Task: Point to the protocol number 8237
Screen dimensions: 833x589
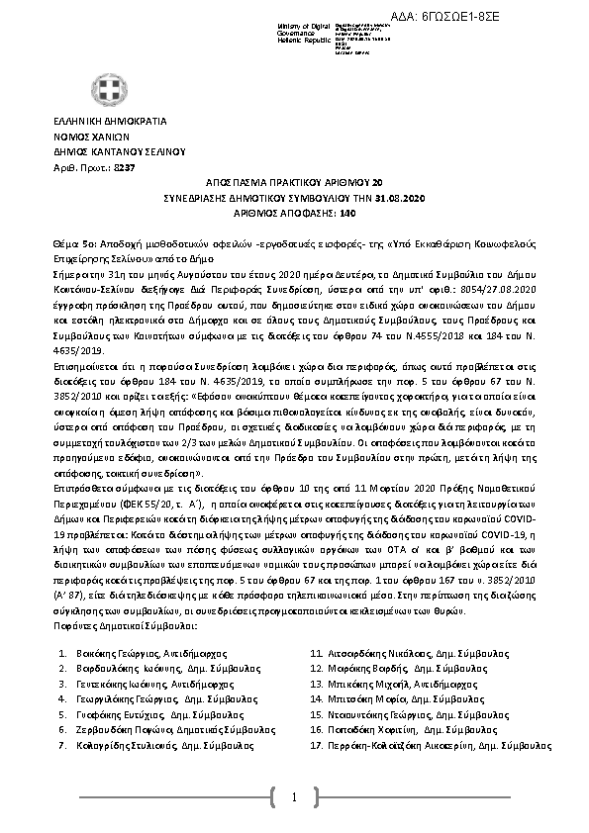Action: coord(124,170)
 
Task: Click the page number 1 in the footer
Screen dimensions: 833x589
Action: coord(294,796)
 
